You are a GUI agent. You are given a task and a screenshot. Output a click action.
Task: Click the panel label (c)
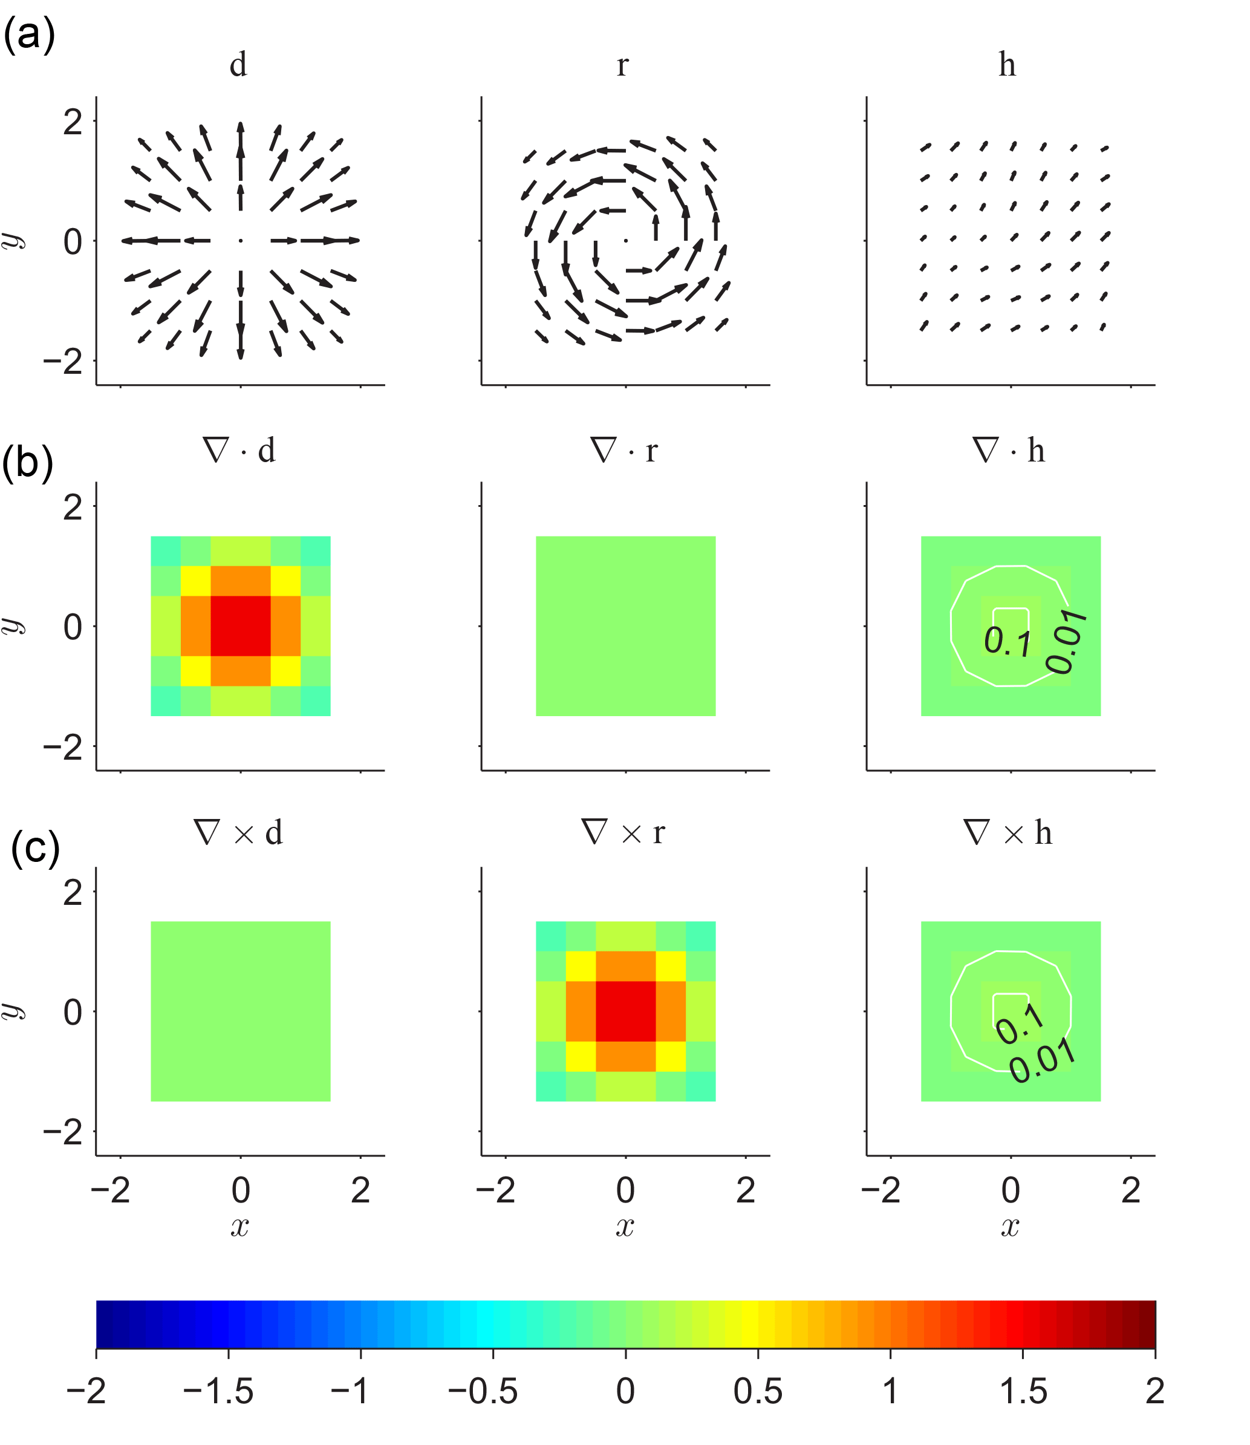point(35,849)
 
